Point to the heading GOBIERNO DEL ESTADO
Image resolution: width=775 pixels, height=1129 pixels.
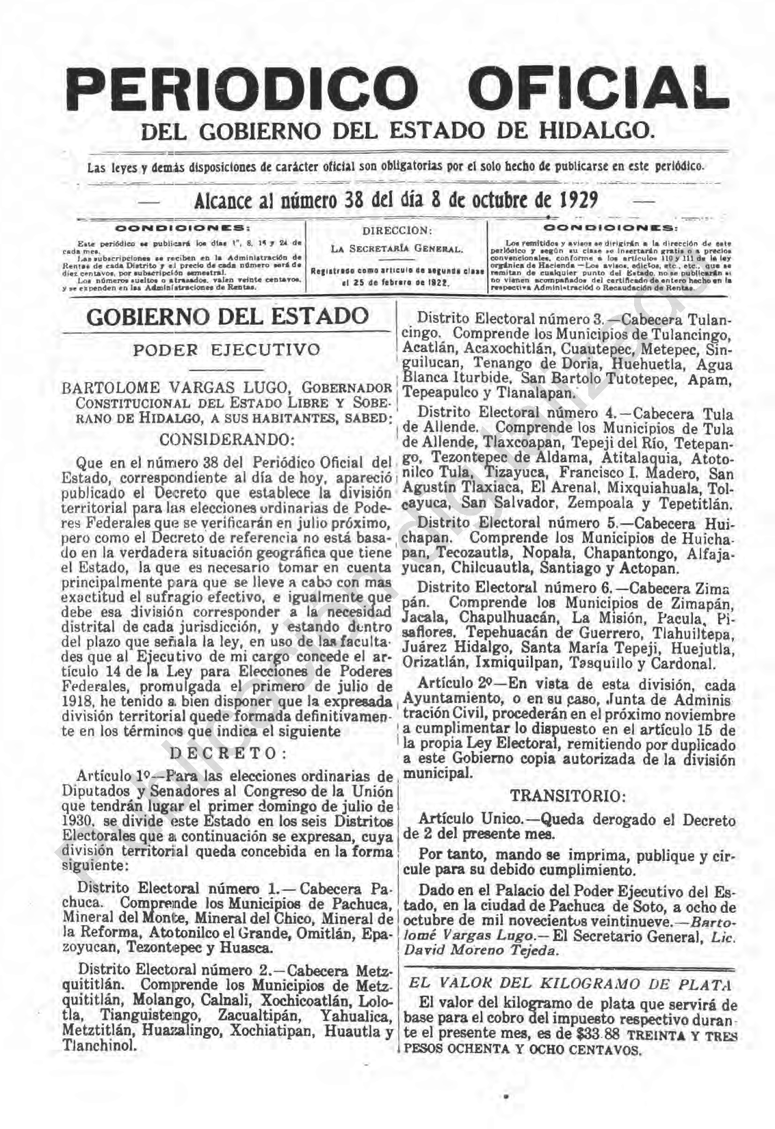tap(226, 317)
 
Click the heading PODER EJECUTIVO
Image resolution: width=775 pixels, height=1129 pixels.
tap(226, 349)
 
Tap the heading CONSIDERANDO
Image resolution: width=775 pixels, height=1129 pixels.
tap(226, 438)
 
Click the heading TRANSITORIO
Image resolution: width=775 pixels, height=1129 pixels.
tap(567, 795)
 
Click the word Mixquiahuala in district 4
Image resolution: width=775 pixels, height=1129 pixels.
tap(668, 489)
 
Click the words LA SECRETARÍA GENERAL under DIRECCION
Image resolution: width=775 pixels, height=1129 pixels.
tap(397, 248)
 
